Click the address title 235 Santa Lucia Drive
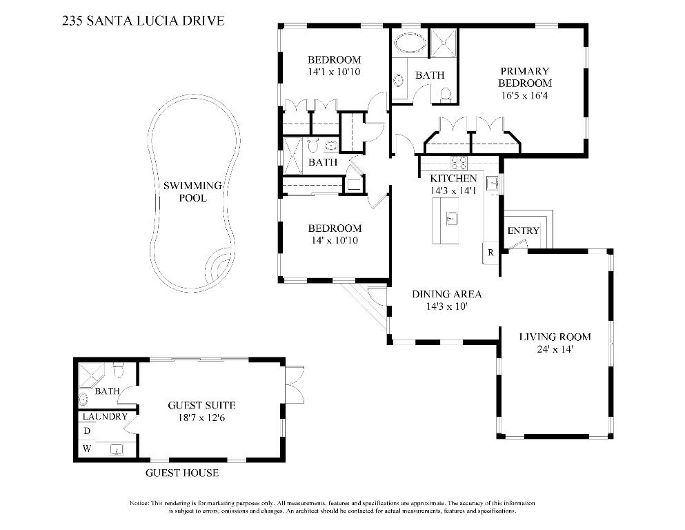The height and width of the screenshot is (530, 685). click(x=143, y=21)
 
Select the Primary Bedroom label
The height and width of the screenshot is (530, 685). click(x=524, y=77)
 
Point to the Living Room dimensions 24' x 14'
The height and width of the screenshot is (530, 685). click(x=555, y=349)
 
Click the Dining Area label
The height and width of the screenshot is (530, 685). click(x=446, y=294)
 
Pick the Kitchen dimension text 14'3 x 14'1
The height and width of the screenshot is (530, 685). click(x=453, y=190)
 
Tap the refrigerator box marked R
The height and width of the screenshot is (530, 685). click(x=490, y=253)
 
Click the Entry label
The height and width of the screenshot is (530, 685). click(x=523, y=230)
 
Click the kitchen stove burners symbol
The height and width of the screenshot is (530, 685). click(x=458, y=164)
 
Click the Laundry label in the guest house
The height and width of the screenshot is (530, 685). click(x=105, y=417)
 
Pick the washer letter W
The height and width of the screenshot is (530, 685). click(x=88, y=449)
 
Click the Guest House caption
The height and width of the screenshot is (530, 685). click(x=182, y=473)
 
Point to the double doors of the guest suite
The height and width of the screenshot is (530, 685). click(x=295, y=384)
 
